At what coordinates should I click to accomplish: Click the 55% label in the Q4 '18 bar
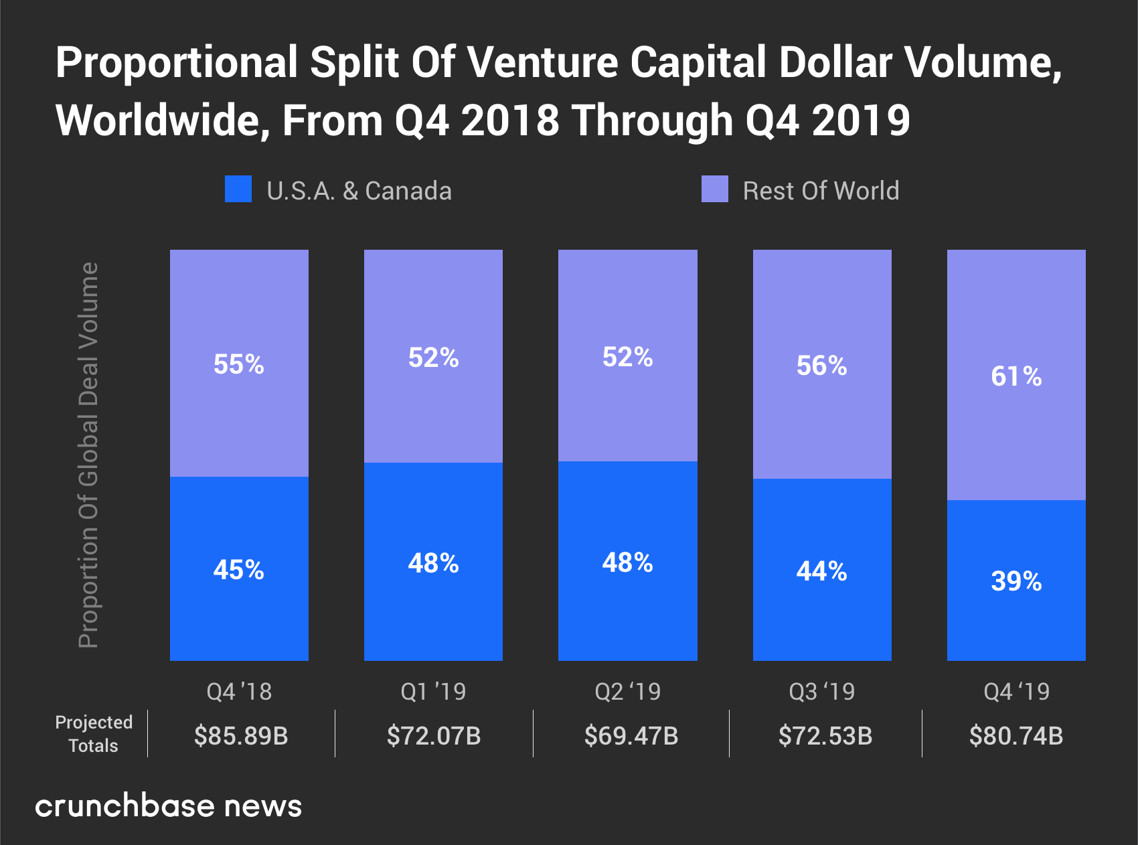[239, 364]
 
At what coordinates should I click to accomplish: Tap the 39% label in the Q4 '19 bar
[1016, 581]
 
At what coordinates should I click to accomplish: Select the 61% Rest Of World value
[1016, 376]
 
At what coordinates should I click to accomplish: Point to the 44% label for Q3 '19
[822, 571]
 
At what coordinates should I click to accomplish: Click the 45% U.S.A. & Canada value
[239, 570]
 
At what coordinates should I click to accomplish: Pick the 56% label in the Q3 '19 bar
[822, 366]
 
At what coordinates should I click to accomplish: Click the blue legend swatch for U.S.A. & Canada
[238, 189]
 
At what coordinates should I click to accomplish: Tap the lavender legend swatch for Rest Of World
[714, 189]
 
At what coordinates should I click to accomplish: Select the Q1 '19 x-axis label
[433, 691]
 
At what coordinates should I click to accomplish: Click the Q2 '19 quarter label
[628, 691]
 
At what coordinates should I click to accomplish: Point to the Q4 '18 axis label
[239, 691]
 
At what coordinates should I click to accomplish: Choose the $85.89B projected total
[241, 736]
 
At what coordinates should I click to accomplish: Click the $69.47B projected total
[631, 736]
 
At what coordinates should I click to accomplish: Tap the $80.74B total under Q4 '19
[1016, 736]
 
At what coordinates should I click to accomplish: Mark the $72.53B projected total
[825, 736]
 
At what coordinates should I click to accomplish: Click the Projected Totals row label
[94, 734]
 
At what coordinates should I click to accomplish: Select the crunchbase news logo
[169, 805]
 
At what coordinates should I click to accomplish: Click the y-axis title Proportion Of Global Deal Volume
[88, 455]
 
